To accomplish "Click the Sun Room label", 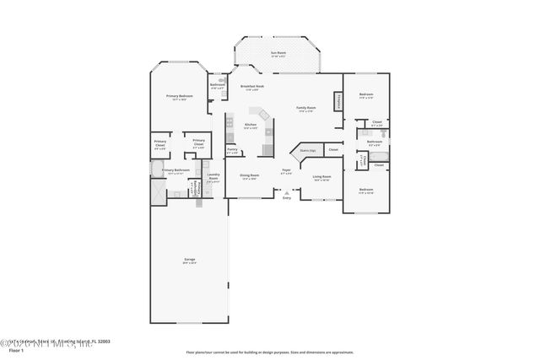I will pos(278,54).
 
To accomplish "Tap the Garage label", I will pos(190,260).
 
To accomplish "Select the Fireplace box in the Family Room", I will pos(340,100).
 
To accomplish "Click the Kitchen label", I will pos(251,126).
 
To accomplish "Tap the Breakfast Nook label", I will pos(253,87).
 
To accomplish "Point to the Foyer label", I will pos(287,171).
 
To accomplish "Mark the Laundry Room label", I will pos(213,175).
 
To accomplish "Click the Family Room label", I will pos(305,109).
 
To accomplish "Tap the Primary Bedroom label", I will pos(179,98).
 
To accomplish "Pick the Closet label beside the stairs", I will pos(333,149).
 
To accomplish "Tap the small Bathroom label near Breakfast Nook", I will pos(217,85).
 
